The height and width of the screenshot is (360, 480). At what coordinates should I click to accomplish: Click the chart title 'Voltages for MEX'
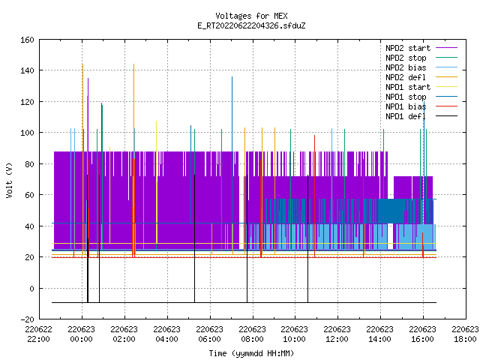point(251,16)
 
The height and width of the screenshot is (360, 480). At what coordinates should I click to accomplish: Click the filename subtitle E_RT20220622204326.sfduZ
point(251,25)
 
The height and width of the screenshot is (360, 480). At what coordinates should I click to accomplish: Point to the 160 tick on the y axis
point(27,40)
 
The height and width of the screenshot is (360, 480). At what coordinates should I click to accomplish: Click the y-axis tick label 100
point(27,133)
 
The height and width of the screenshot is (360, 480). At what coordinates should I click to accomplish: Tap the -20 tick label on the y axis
point(27,319)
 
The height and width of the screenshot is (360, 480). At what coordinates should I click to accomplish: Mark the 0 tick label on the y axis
point(31,288)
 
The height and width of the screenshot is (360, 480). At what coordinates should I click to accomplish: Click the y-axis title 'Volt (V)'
point(9,180)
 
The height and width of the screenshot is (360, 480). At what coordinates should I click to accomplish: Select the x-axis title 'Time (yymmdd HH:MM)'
point(251,353)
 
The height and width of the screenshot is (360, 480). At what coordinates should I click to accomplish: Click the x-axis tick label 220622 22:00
point(38,334)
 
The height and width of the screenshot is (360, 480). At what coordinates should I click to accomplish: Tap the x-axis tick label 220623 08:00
point(252,334)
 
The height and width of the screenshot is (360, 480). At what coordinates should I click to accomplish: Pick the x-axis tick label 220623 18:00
point(465,334)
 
